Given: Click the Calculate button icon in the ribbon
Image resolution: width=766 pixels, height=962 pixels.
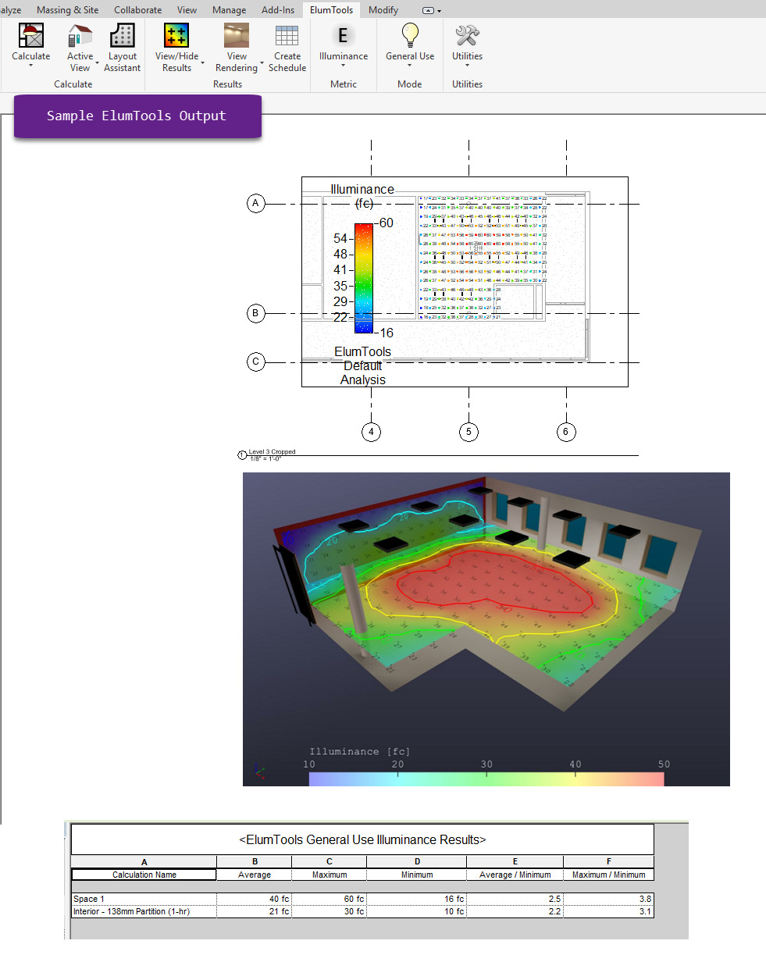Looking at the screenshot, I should [x=31, y=36].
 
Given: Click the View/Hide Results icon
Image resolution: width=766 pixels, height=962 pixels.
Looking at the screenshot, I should [x=176, y=36].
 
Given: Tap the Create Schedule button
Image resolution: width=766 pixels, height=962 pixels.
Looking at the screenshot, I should [x=287, y=37].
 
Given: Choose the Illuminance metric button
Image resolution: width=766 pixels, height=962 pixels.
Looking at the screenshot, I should [x=343, y=36].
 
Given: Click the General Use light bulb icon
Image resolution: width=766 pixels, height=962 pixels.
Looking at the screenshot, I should [x=410, y=35].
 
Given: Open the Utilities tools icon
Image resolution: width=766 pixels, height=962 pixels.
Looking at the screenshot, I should [x=467, y=36].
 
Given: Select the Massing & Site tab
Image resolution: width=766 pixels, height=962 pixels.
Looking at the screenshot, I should [x=68, y=10].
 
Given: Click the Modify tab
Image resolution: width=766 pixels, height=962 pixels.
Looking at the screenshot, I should [x=383, y=10].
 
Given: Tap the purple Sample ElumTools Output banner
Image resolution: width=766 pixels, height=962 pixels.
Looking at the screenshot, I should [x=137, y=116].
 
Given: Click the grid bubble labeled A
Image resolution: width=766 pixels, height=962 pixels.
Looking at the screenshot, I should [x=255, y=204].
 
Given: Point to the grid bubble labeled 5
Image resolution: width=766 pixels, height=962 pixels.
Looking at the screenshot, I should [x=469, y=431].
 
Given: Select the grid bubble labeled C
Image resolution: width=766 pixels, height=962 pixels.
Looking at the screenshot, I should [x=255, y=362].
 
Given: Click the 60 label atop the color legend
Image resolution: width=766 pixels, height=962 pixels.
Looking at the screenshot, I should [x=386, y=223].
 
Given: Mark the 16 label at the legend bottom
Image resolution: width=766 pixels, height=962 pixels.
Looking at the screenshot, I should [x=386, y=332].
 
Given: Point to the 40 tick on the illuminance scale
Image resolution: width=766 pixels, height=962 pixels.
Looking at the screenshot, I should [x=575, y=764].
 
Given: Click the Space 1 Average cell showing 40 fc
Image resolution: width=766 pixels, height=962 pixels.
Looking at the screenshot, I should [x=254, y=899].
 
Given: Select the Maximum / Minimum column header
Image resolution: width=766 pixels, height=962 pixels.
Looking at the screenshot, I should [x=607, y=875].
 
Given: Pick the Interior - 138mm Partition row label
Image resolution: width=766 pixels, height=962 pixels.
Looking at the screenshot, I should [x=131, y=911].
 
